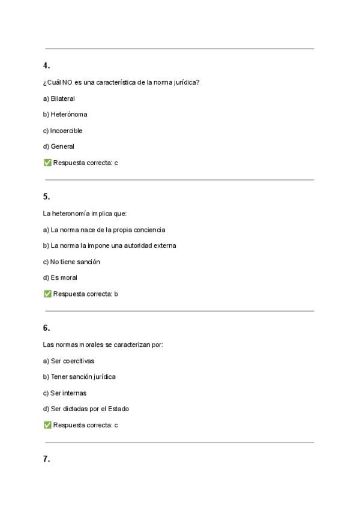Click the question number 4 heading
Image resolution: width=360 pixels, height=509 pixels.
[x=46, y=65]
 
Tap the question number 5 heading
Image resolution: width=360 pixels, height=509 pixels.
[x=46, y=196]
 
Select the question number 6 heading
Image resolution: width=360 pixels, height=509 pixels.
[x=46, y=328]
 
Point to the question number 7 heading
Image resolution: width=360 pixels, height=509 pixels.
[x=46, y=459]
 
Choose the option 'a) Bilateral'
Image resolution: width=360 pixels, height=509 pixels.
[x=59, y=98]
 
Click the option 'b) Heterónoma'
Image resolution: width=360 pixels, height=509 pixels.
[x=65, y=114]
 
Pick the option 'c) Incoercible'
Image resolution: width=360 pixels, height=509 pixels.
[x=63, y=130]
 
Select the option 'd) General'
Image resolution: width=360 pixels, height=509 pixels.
[x=59, y=146]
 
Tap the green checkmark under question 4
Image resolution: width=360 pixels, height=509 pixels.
[x=47, y=162]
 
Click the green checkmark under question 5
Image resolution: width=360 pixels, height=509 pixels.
[x=47, y=294]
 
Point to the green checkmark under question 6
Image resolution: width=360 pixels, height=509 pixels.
[x=47, y=425]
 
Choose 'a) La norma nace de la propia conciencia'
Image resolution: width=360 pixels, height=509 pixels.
[x=104, y=229]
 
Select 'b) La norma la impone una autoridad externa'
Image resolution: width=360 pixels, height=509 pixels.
[x=110, y=245]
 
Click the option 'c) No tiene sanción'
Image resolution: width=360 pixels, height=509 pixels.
[x=71, y=262]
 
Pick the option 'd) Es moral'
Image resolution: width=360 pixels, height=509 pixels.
[x=60, y=277]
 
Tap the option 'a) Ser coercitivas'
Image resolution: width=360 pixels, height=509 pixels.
[x=69, y=361]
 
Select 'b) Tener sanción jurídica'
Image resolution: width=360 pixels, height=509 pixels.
[x=80, y=377]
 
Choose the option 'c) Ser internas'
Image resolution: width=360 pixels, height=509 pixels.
[x=65, y=393]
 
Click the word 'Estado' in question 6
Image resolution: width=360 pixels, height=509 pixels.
[x=119, y=409]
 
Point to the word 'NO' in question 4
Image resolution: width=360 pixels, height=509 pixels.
[x=67, y=82]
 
